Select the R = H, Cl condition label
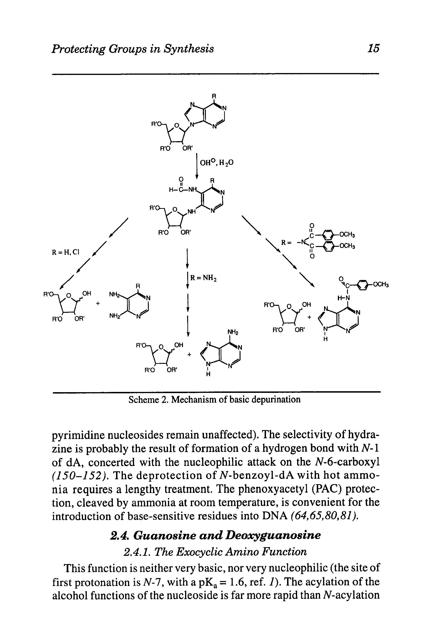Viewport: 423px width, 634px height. click(66, 252)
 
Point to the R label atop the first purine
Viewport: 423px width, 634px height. click(214, 96)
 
